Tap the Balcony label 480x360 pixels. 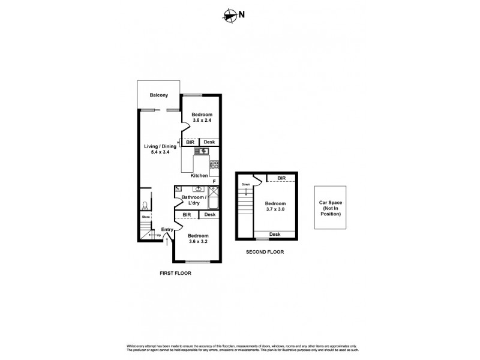pos(158,95)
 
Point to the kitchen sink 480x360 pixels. pos(200,151)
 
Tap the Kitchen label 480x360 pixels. pos(199,175)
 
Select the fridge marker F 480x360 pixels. pos(214,181)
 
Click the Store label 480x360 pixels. pos(145,217)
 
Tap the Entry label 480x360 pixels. pos(166,229)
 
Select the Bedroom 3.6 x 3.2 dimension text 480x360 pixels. pos(199,238)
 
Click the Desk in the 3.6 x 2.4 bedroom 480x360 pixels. pos(209,142)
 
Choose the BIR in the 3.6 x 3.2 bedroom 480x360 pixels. pos(187,214)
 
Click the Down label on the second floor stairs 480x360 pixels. pos(245,184)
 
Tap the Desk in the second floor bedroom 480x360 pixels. pos(275,234)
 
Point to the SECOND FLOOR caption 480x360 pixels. pos(265,252)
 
